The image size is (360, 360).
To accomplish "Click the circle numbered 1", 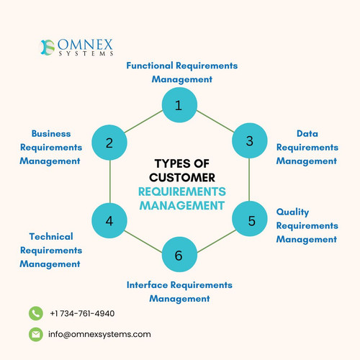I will coord(179,106).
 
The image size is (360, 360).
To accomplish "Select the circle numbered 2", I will coord(109,143).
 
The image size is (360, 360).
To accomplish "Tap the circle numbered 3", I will coord(249,141).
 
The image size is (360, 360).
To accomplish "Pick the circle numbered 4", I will coord(109,220).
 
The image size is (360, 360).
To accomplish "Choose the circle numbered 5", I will coord(251,220).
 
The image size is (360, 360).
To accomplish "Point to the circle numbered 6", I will coord(179,256).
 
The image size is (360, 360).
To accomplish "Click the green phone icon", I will coord(36,313).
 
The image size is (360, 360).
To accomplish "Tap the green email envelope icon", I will coord(36,334).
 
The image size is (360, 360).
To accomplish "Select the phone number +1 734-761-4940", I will coord(82,313).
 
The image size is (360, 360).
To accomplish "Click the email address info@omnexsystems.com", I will coord(99,334).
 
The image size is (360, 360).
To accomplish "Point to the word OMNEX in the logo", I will coord(84,44).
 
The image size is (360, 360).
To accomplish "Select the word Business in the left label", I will coord(50,133).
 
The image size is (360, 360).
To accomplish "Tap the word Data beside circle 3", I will coord(307,133).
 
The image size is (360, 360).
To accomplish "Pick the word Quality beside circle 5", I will coord(293,212).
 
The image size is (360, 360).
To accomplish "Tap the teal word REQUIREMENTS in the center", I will coord(182,191).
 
